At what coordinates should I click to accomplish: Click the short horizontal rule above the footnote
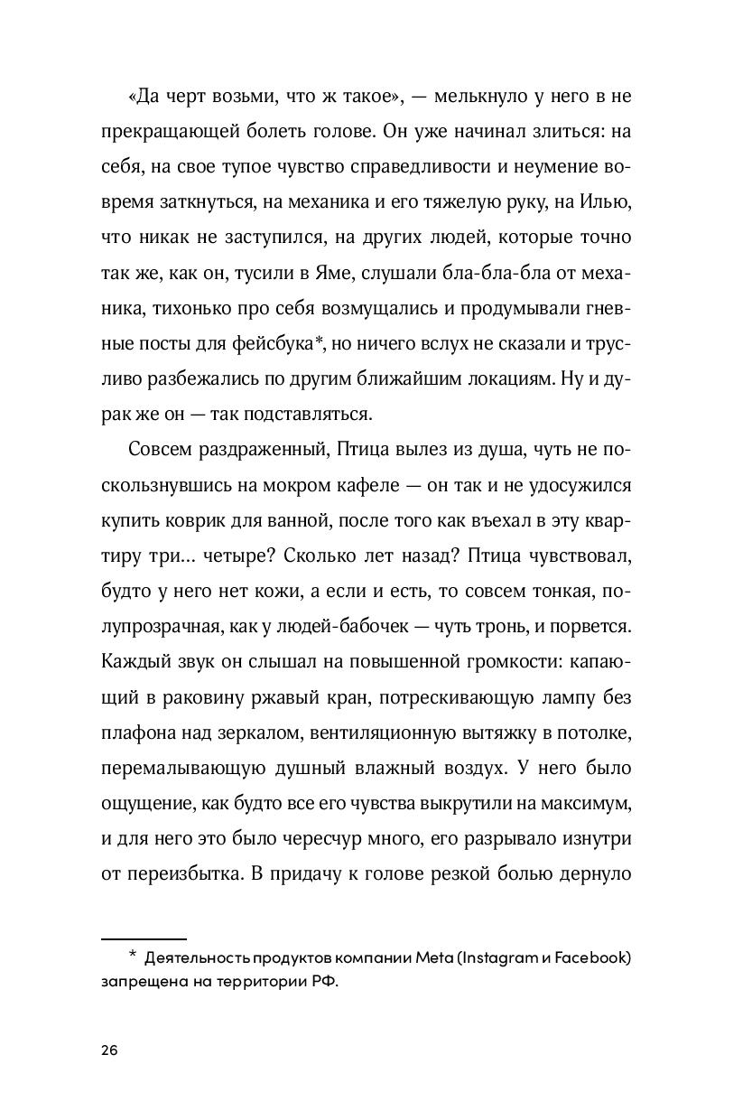144,939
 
